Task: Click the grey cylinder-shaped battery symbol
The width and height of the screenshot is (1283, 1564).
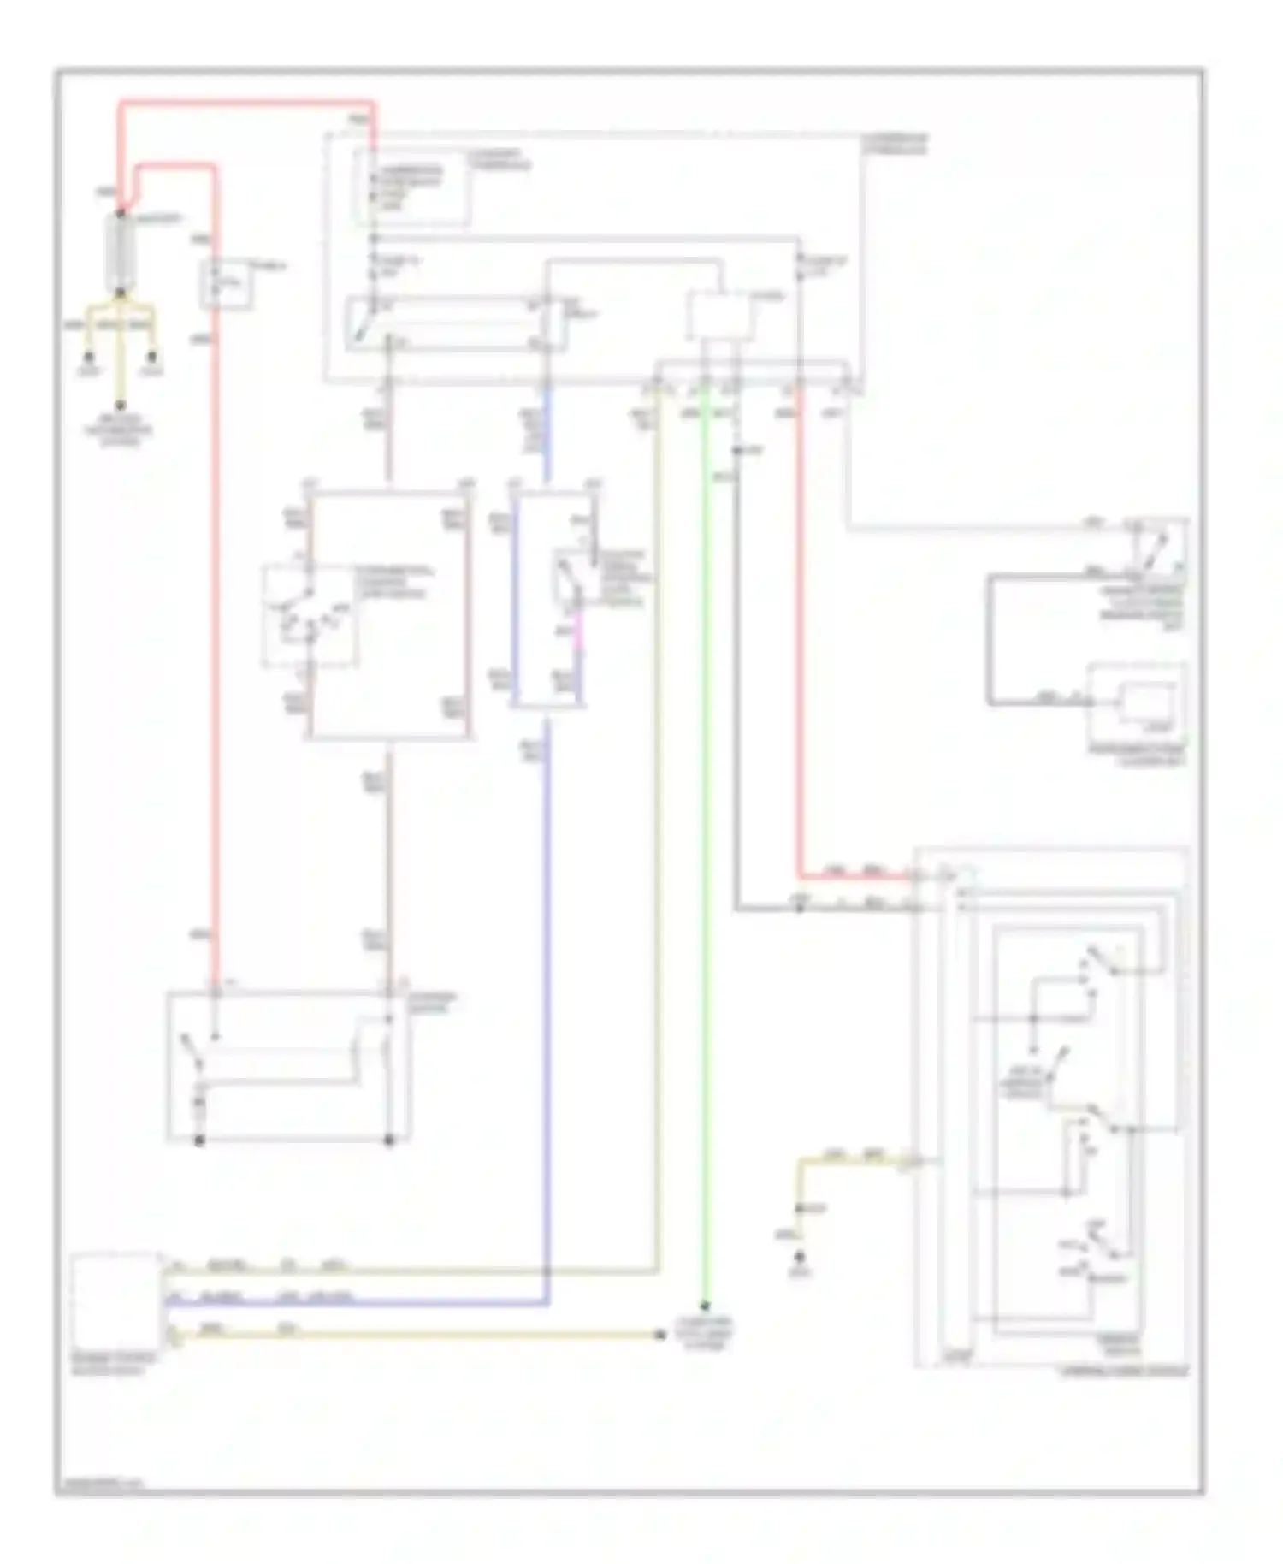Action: point(121,252)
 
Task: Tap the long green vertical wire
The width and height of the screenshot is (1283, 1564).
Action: point(704,856)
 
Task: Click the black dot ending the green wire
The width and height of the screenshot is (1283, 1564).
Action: point(705,1306)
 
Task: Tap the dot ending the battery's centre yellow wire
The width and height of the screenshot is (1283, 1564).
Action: point(121,406)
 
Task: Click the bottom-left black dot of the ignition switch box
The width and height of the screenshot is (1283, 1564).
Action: point(199,1140)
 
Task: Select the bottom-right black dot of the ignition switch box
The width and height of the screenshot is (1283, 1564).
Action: point(389,1140)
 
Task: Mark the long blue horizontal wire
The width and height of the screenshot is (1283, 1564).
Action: point(359,1305)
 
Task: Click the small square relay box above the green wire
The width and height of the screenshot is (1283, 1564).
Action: point(721,316)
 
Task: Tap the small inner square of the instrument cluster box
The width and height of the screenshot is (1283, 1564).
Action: point(1150,703)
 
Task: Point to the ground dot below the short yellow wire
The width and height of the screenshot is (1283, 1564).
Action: point(800,1257)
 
